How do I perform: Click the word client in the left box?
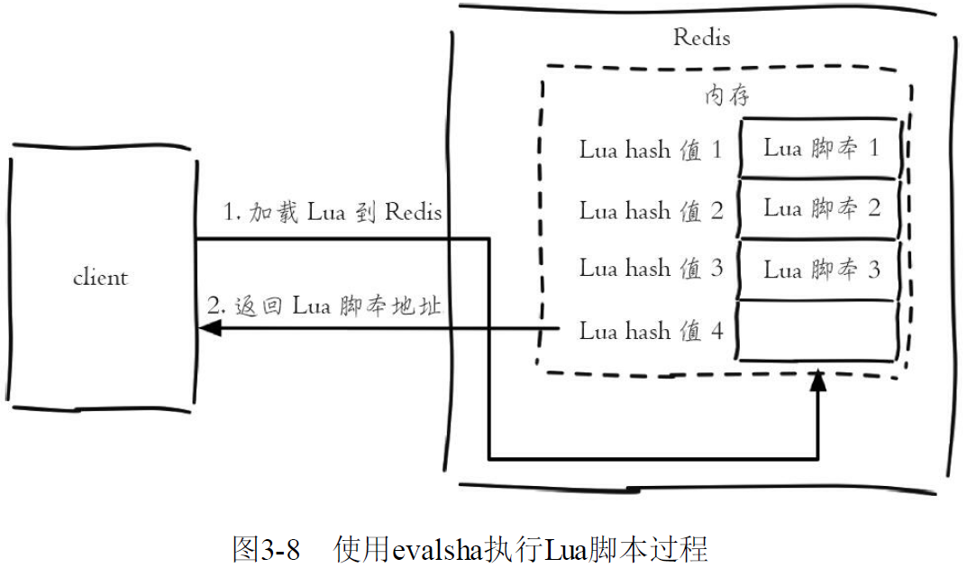coord(100,277)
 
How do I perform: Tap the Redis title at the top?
coord(701,37)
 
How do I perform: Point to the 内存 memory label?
coord(727,95)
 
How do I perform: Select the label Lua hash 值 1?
coord(651,150)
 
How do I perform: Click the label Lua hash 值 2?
coord(651,211)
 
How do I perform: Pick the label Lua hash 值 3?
coord(651,269)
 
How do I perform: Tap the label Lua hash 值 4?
coord(651,331)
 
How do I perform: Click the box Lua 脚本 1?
coord(819,148)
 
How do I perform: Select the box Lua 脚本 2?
coord(817,208)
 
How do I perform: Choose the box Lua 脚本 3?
coord(817,270)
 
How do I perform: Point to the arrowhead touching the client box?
coord(209,328)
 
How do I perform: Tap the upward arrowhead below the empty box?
coord(817,380)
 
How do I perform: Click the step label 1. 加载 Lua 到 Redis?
coord(333,212)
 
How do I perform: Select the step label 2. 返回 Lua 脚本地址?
coord(324,306)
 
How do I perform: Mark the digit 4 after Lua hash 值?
coord(716,331)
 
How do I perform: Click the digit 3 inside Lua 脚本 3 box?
coord(874,270)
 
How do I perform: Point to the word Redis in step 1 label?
coord(413,212)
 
